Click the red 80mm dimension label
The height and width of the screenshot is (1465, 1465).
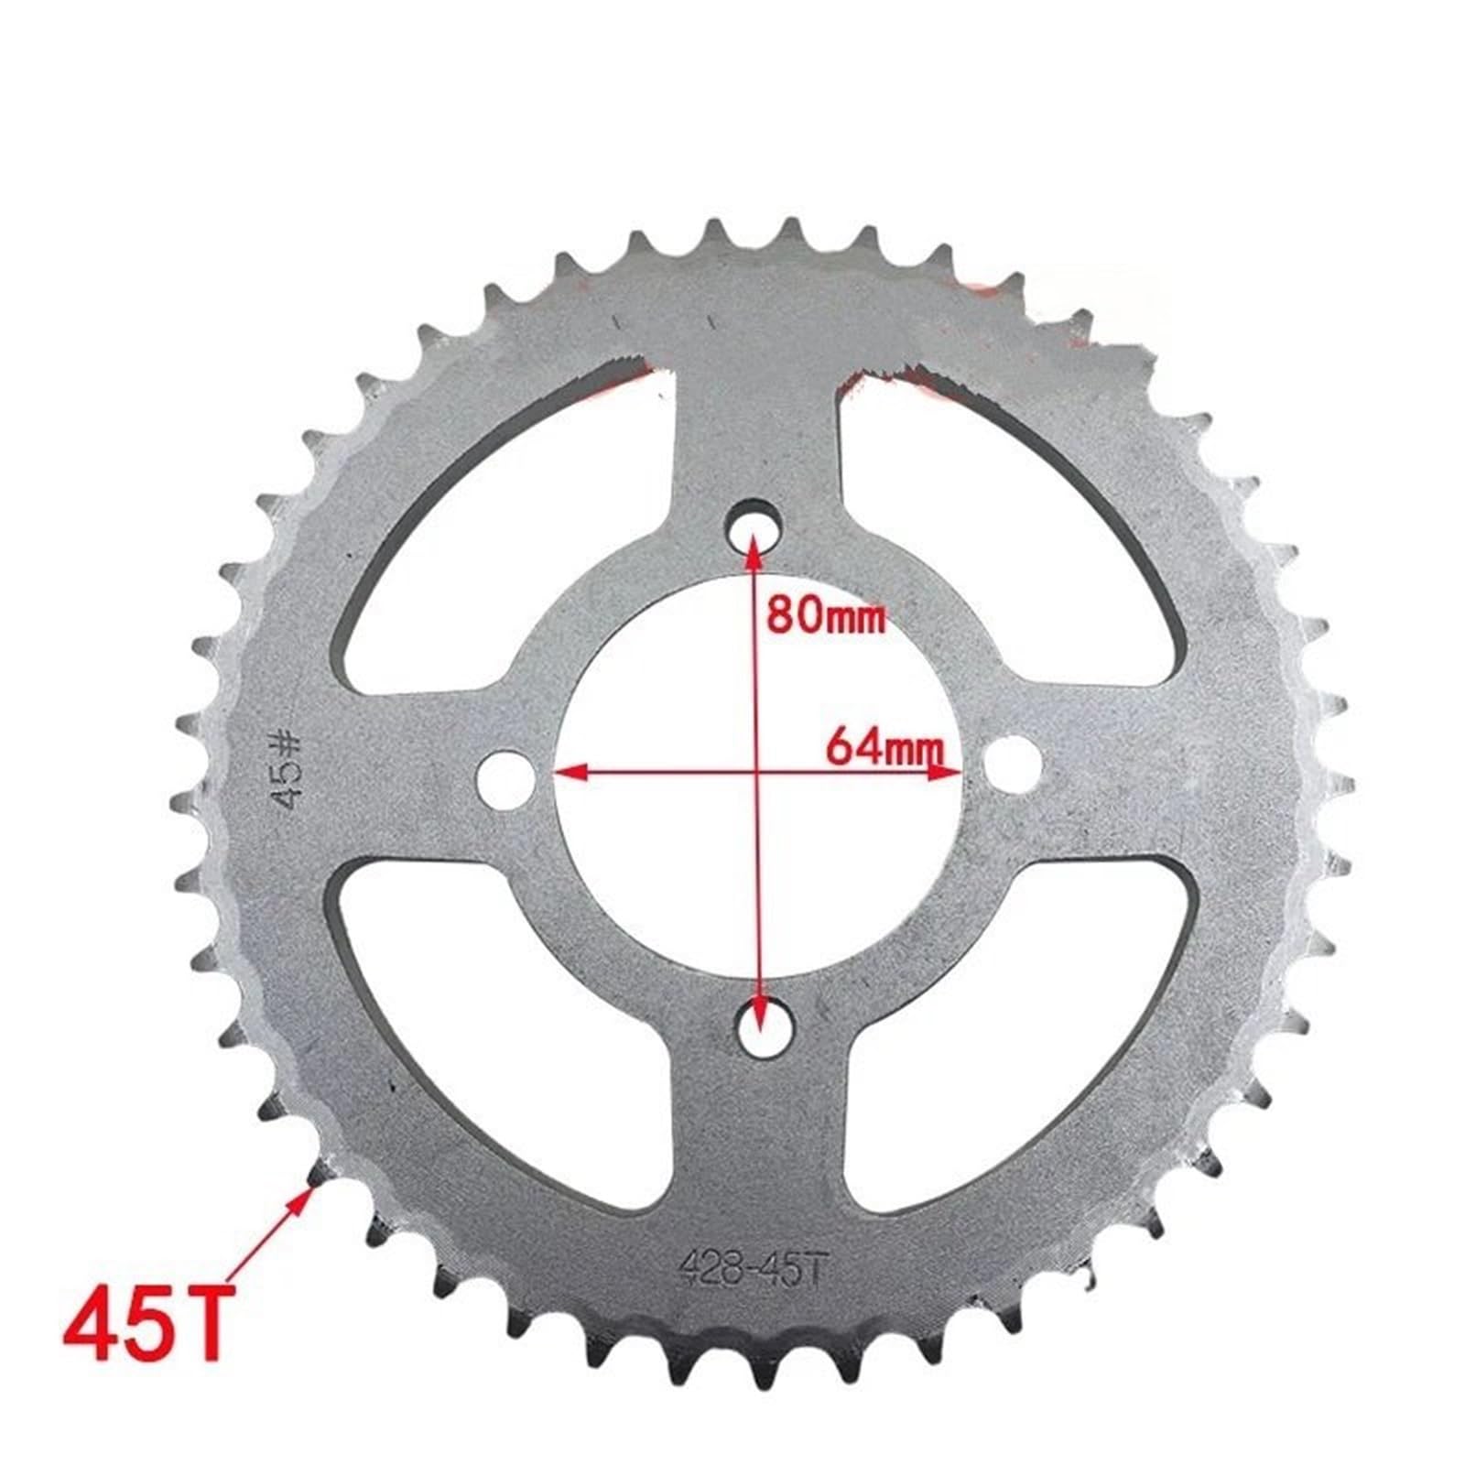tap(826, 615)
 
